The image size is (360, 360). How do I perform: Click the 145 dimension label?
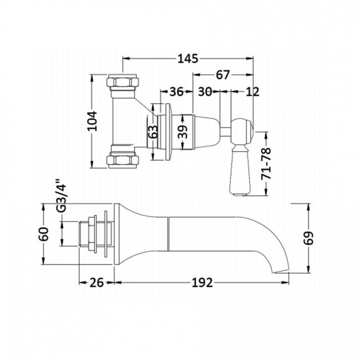pyautogui.click(x=188, y=58)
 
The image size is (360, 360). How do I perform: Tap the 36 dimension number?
pyautogui.click(x=177, y=92)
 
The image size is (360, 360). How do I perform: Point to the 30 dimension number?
pyautogui.click(x=205, y=92)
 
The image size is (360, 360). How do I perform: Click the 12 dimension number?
pyautogui.click(x=252, y=92)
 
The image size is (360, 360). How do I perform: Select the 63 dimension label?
pyautogui.click(x=154, y=131)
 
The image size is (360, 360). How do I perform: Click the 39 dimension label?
pyautogui.click(x=185, y=131)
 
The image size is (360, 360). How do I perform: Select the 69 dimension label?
pyautogui.click(x=310, y=238)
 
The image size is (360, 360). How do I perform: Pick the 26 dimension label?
pyautogui.click(x=97, y=283)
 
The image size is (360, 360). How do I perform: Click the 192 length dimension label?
pyautogui.click(x=203, y=283)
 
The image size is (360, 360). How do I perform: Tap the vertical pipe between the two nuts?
pyautogui.click(x=123, y=121)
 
